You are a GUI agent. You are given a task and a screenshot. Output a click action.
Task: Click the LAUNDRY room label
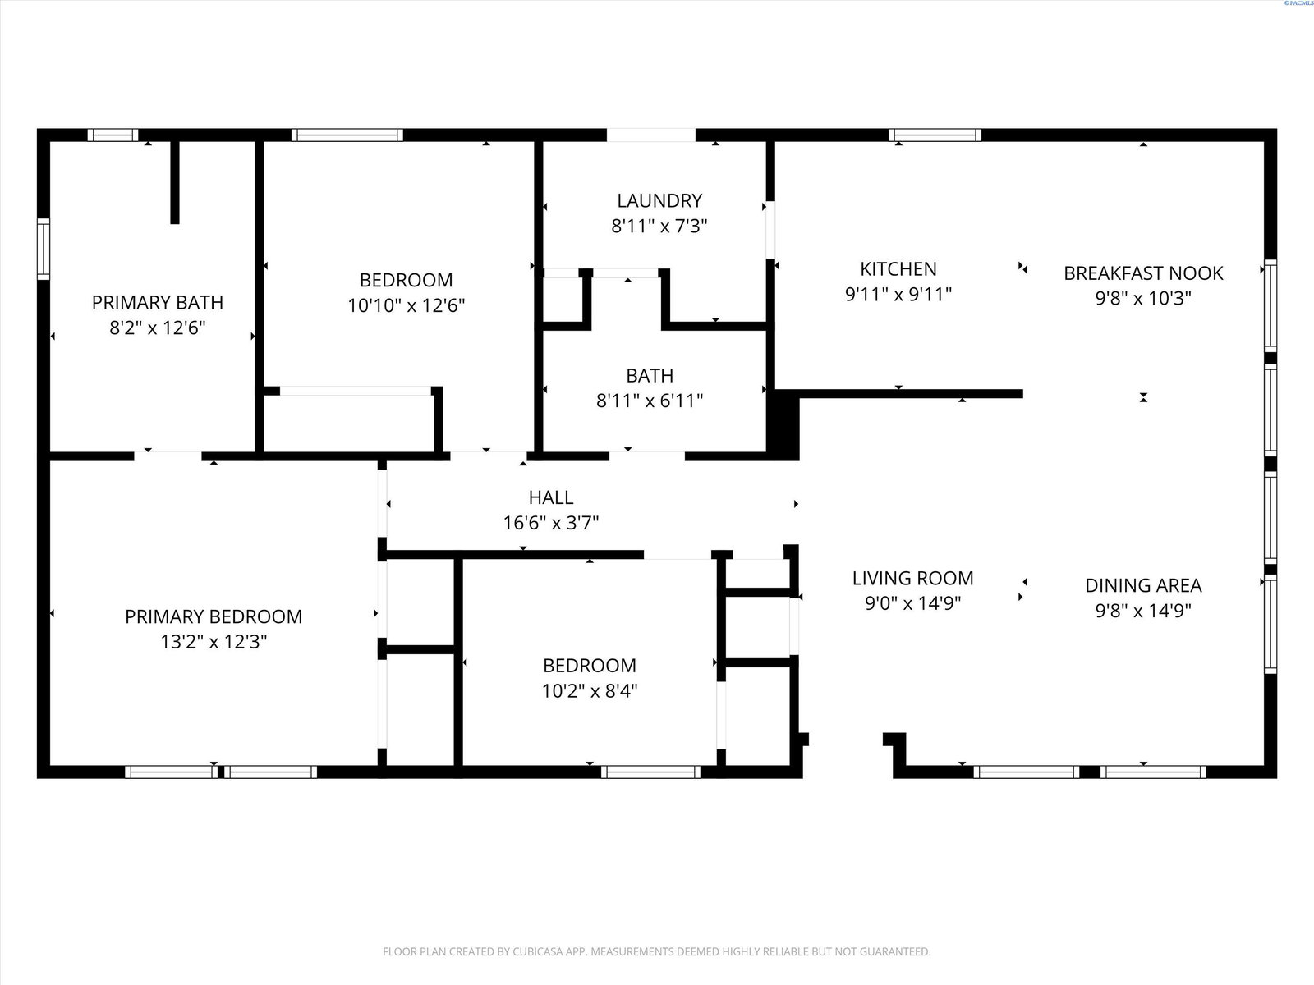[659, 200]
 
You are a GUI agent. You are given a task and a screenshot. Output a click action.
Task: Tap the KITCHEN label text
[898, 269]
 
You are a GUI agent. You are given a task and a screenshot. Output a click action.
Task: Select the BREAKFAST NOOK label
[1143, 273]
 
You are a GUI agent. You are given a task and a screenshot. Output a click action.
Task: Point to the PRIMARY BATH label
[158, 303]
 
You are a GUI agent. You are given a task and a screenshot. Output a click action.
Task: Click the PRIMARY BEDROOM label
[214, 616]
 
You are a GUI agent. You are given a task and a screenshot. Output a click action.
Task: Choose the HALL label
[551, 497]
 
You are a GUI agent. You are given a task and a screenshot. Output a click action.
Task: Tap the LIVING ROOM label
[913, 579]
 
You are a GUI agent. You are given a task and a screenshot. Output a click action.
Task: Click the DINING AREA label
[1143, 585]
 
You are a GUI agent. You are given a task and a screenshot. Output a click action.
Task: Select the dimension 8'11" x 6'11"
[650, 401]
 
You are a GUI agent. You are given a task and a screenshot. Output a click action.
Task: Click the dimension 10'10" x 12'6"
[407, 305]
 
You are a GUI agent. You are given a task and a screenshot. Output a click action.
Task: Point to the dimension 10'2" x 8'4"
[590, 691]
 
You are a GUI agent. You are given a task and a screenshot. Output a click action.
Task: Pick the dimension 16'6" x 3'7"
[551, 524]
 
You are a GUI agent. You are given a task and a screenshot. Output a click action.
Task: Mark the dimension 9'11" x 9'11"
[898, 294]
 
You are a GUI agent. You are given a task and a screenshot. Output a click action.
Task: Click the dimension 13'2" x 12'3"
[214, 642]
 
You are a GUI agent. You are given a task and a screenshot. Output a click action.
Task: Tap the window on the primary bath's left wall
[43, 249]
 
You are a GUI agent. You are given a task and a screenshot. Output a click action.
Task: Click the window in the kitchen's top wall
[935, 135]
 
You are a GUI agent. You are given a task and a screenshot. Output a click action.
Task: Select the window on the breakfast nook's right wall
[1270, 305]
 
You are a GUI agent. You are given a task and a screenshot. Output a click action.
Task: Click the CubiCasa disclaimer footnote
[657, 951]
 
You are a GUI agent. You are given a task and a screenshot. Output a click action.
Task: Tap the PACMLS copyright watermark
[1298, 3]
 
